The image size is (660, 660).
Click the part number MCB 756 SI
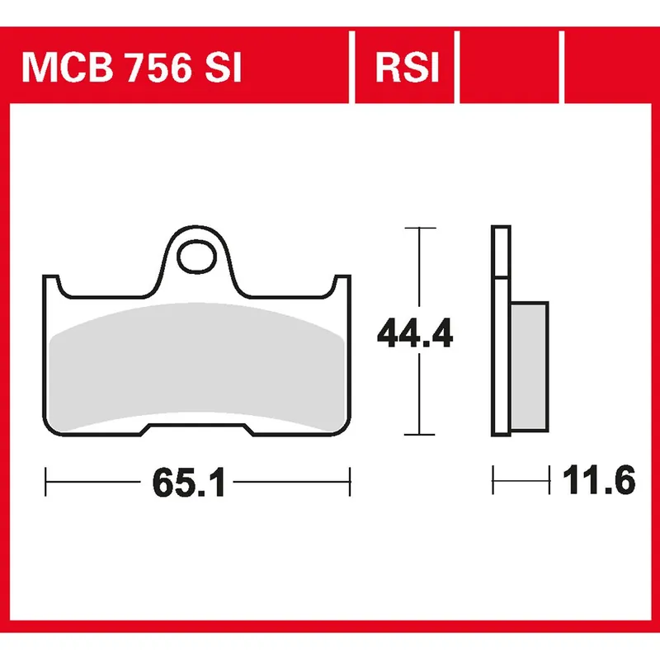[132, 68]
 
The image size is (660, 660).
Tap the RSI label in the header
[406, 68]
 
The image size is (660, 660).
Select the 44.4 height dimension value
[414, 333]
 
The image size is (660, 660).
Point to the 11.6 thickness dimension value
[601, 480]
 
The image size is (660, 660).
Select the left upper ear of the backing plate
[51, 285]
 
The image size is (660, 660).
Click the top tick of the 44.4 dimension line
[421, 227]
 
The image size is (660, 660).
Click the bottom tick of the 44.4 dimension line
[421, 434]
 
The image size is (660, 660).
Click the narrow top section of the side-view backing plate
[499, 252]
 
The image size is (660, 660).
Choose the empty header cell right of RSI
[510, 68]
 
